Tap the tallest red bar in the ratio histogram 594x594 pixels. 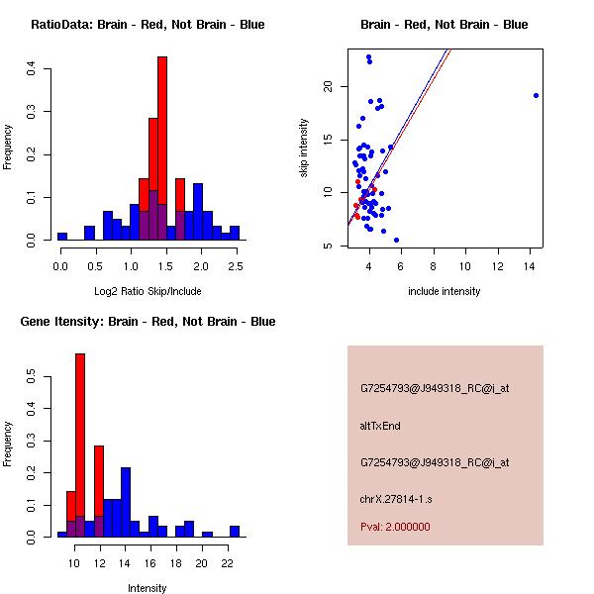coord(161,148)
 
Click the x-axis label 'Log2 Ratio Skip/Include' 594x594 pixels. coord(148,291)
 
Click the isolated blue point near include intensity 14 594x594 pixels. coord(536,95)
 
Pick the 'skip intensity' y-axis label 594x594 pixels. coord(304,148)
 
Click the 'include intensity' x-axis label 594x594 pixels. coord(445,291)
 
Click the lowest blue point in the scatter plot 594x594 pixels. coord(396,240)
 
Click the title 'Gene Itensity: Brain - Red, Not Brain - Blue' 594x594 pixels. coord(148,322)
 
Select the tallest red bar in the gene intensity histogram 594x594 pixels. coord(80,445)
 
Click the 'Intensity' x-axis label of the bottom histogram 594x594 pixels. coord(148,588)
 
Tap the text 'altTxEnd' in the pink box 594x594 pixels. coord(379,426)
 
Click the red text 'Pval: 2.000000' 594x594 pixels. coord(395,527)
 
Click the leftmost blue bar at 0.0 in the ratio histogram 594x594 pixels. coord(62,237)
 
